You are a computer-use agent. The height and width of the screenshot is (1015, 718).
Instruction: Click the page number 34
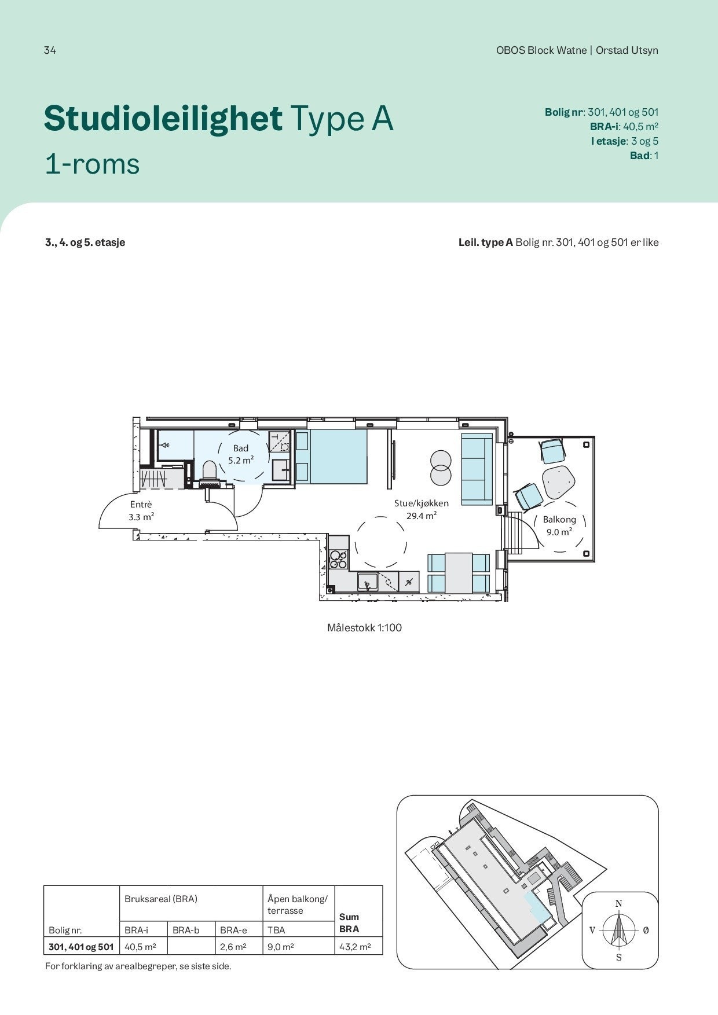click(50, 50)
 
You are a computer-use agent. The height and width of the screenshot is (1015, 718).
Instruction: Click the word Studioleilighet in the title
click(163, 119)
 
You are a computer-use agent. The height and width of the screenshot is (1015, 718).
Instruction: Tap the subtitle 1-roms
click(92, 164)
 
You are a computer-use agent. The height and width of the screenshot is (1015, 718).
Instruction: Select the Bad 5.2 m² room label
click(241, 454)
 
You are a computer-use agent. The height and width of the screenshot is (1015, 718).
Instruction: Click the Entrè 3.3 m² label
click(141, 510)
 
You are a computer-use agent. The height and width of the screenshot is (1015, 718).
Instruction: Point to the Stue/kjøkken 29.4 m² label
click(421, 509)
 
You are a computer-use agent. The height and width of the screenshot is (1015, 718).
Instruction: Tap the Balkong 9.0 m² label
click(559, 525)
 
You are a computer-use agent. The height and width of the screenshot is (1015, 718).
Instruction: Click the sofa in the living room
click(477, 468)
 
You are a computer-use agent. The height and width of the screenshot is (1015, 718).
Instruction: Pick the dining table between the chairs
click(459, 572)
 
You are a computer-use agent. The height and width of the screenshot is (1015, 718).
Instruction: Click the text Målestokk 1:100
click(364, 628)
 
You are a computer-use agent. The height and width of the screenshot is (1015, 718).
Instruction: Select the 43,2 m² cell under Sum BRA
click(354, 947)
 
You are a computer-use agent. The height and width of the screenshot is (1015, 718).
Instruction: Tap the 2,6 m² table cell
click(233, 947)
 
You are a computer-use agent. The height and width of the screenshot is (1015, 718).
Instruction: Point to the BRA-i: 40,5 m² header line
click(624, 127)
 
